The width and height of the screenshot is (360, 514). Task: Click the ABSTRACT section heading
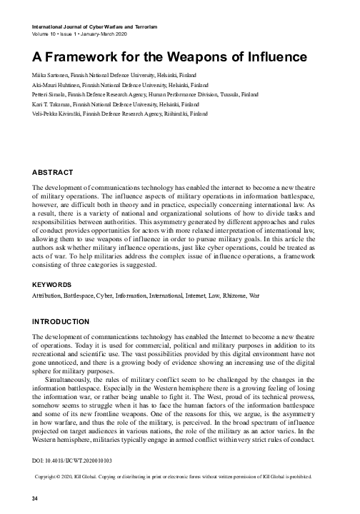pos(54,173)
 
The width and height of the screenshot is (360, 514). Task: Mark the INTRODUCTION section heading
pos(61,322)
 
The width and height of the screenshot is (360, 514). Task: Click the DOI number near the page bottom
pos(73,452)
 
